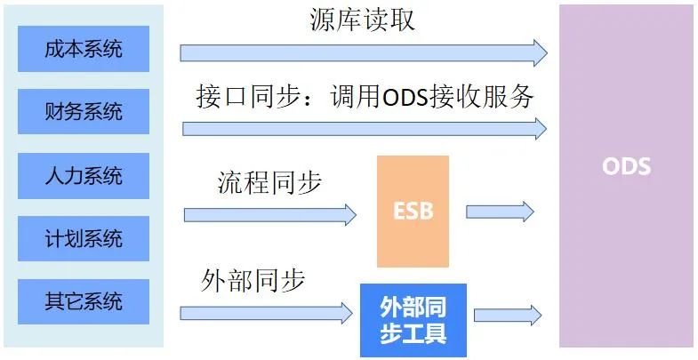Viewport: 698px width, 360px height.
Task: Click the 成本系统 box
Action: pos(84,49)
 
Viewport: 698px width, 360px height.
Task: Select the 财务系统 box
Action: pos(84,112)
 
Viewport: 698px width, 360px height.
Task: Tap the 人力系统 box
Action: pos(84,175)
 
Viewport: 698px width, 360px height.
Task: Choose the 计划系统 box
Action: pos(84,238)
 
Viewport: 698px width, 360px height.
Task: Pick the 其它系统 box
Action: pos(84,301)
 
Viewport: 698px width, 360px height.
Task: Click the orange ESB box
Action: pos(413,212)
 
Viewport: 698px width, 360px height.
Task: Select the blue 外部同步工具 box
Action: pos(413,320)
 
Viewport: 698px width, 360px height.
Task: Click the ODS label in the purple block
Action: pos(626,167)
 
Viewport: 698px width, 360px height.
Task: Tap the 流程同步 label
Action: pos(269,183)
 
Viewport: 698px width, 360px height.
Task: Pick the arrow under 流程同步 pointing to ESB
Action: pos(269,214)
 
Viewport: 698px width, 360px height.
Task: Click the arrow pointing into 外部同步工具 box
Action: pos(266,313)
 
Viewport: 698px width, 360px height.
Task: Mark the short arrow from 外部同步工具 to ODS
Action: pos(507,315)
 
